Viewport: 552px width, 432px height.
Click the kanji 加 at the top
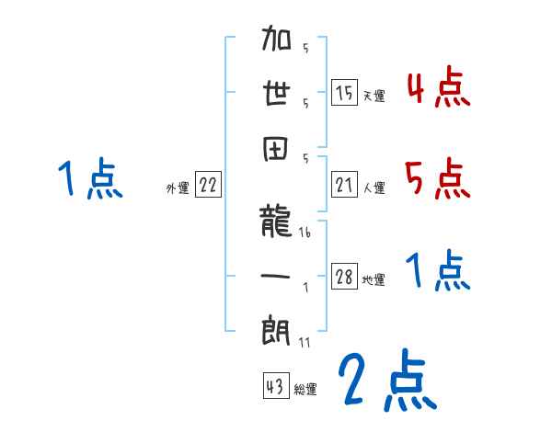click(278, 40)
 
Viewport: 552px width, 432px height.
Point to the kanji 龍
click(278, 222)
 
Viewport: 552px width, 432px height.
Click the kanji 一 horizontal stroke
click(278, 273)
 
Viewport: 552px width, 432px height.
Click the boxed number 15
click(344, 93)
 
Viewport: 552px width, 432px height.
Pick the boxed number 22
click(208, 186)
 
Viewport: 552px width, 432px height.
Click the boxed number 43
click(274, 387)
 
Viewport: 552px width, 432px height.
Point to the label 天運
click(374, 96)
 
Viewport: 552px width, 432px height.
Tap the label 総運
click(305, 390)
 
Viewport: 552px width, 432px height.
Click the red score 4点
click(438, 88)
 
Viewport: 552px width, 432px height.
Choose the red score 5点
click(438, 178)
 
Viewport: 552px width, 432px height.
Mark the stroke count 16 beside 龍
click(305, 235)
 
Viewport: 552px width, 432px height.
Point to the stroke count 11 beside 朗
click(304, 342)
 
